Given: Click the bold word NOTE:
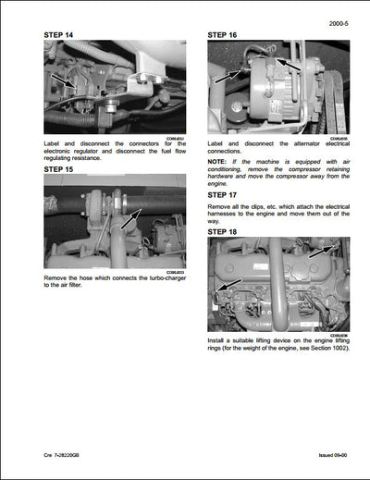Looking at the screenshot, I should click(219, 162).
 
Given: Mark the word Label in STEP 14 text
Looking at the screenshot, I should click(55, 144).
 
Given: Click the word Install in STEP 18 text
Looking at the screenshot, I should click(219, 340).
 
